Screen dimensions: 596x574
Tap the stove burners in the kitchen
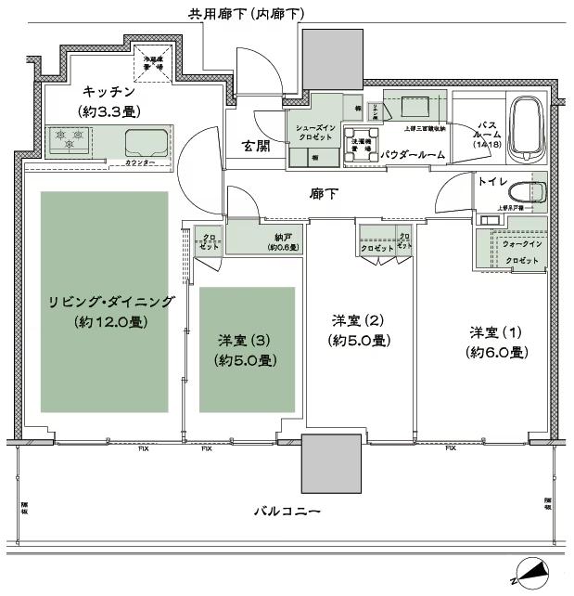(x=71, y=141)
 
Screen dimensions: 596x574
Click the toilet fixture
(x=529, y=194)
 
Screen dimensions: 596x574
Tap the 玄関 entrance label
(x=255, y=147)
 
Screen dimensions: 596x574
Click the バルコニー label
(x=288, y=512)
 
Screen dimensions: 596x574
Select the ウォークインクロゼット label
(x=521, y=253)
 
